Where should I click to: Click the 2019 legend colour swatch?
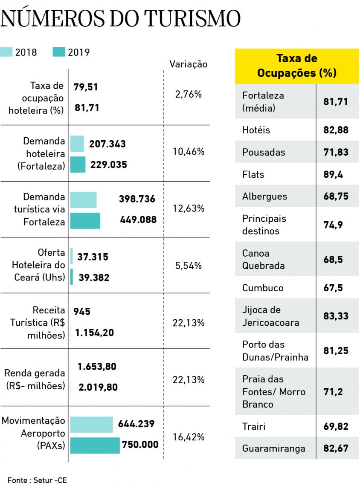(58, 52)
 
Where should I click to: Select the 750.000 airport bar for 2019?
(95, 445)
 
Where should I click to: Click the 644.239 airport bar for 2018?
(91, 425)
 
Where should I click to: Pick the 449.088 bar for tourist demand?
(85, 220)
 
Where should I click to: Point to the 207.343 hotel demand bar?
(77, 144)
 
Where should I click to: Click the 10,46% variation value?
(189, 151)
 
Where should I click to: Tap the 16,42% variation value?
(189, 437)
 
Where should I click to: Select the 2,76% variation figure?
(189, 95)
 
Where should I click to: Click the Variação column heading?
(189, 64)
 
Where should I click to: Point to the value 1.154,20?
(94, 333)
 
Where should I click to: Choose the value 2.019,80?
(98, 388)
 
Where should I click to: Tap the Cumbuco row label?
(263, 288)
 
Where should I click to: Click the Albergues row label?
(264, 197)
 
